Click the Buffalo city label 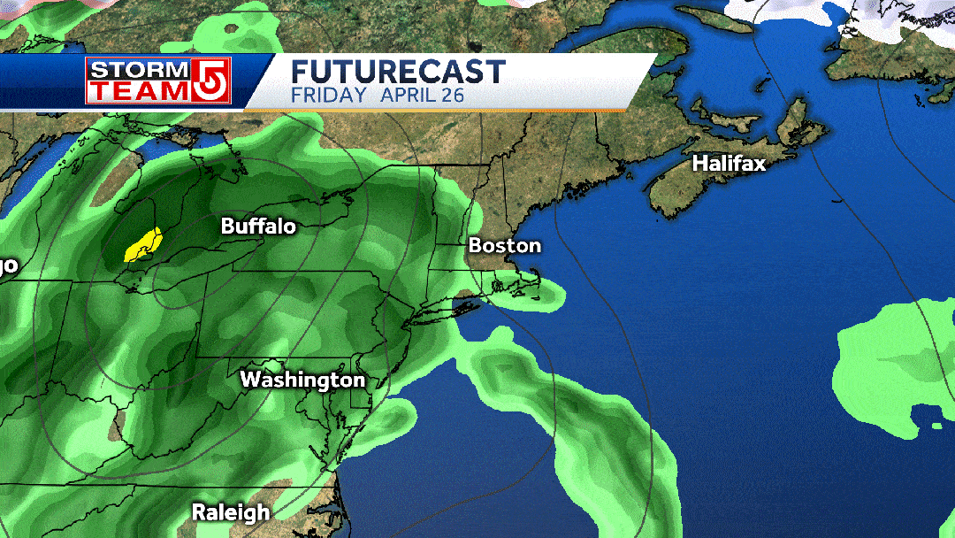point(258,227)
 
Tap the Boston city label point(504,246)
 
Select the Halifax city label point(729,164)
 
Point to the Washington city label point(302,380)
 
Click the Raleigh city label point(231,512)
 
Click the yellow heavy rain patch point(142,245)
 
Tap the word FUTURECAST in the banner point(398,72)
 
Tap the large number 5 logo point(212,81)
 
